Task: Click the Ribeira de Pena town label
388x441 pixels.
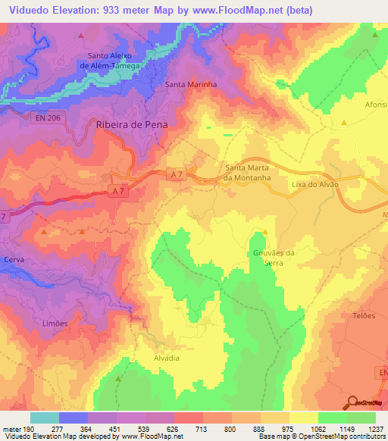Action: click(132, 124)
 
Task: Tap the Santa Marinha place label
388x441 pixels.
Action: click(191, 85)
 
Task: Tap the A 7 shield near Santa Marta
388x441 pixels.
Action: click(177, 175)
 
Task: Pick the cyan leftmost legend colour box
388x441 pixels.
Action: click(44, 418)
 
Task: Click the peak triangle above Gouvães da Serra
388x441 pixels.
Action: click(265, 233)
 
